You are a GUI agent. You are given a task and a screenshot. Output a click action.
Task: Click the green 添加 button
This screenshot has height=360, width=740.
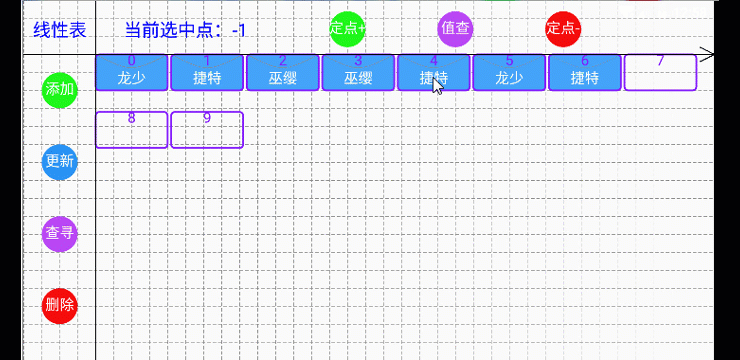point(60,89)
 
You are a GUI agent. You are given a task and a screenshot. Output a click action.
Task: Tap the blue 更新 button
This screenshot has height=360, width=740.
point(60,161)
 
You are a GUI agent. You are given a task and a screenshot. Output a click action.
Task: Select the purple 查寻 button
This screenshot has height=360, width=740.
point(60,234)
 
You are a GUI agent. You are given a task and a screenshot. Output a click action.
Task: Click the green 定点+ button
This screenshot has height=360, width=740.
point(347,28)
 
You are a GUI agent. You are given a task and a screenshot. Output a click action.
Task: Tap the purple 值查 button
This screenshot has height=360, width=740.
point(456,28)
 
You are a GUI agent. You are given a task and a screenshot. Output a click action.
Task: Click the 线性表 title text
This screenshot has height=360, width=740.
point(60,30)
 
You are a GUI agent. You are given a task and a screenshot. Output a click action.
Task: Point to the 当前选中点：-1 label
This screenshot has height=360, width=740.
point(185,30)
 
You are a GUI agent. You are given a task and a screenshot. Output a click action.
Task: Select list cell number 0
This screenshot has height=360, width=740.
point(132,72)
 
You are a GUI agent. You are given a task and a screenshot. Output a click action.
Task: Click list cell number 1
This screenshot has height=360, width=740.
point(207,72)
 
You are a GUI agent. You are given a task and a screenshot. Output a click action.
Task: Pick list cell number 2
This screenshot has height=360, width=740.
point(283,72)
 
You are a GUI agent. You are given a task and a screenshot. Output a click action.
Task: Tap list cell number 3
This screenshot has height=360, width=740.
point(358,72)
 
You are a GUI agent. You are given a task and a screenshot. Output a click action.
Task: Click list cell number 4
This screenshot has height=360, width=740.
point(434,72)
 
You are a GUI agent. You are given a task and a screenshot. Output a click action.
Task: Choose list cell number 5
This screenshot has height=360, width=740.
point(509,72)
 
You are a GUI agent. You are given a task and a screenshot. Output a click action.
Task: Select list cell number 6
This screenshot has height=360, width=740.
point(585,72)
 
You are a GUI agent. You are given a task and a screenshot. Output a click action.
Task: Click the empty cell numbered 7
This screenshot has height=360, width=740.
point(660,72)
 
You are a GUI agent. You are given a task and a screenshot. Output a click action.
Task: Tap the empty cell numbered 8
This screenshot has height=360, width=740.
point(132,130)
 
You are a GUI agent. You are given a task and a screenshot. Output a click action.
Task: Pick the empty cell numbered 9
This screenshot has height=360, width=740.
point(207,130)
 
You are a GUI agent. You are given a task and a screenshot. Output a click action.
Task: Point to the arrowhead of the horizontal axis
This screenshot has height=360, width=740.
point(709,55)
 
